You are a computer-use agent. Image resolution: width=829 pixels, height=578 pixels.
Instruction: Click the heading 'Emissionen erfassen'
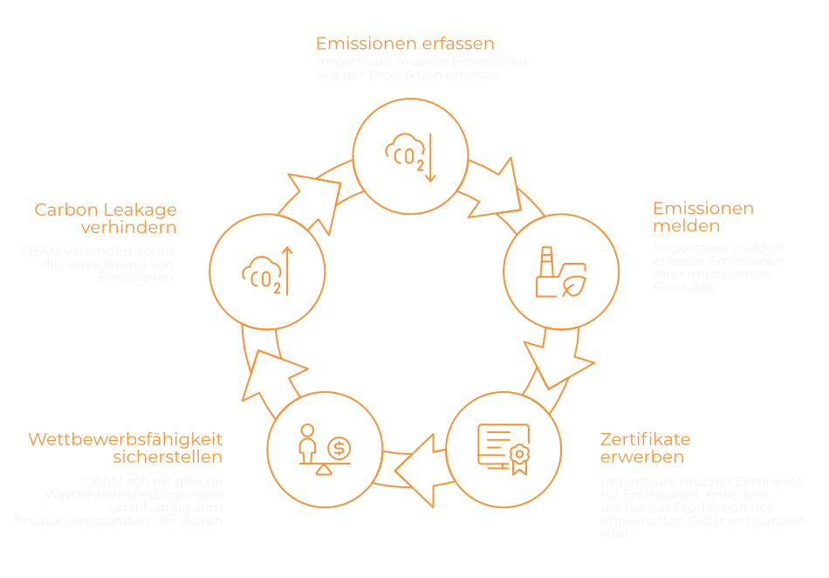point(405,43)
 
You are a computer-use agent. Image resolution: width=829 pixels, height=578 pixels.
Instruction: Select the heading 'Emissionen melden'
point(702,217)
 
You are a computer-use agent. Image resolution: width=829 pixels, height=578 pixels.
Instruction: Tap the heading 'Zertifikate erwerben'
point(645,447)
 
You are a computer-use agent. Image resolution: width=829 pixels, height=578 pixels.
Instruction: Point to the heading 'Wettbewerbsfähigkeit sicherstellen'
point(126,447)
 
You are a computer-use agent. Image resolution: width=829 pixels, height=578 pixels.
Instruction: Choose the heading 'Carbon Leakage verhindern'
point(106,218)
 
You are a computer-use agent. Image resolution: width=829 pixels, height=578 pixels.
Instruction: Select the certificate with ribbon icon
point(504,448)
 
